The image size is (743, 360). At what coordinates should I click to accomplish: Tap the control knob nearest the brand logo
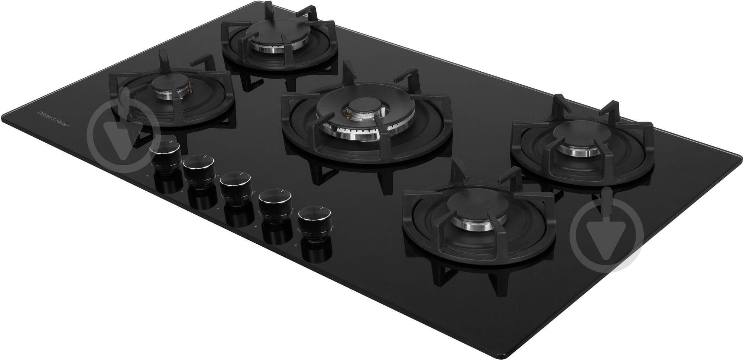pos(165,155)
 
